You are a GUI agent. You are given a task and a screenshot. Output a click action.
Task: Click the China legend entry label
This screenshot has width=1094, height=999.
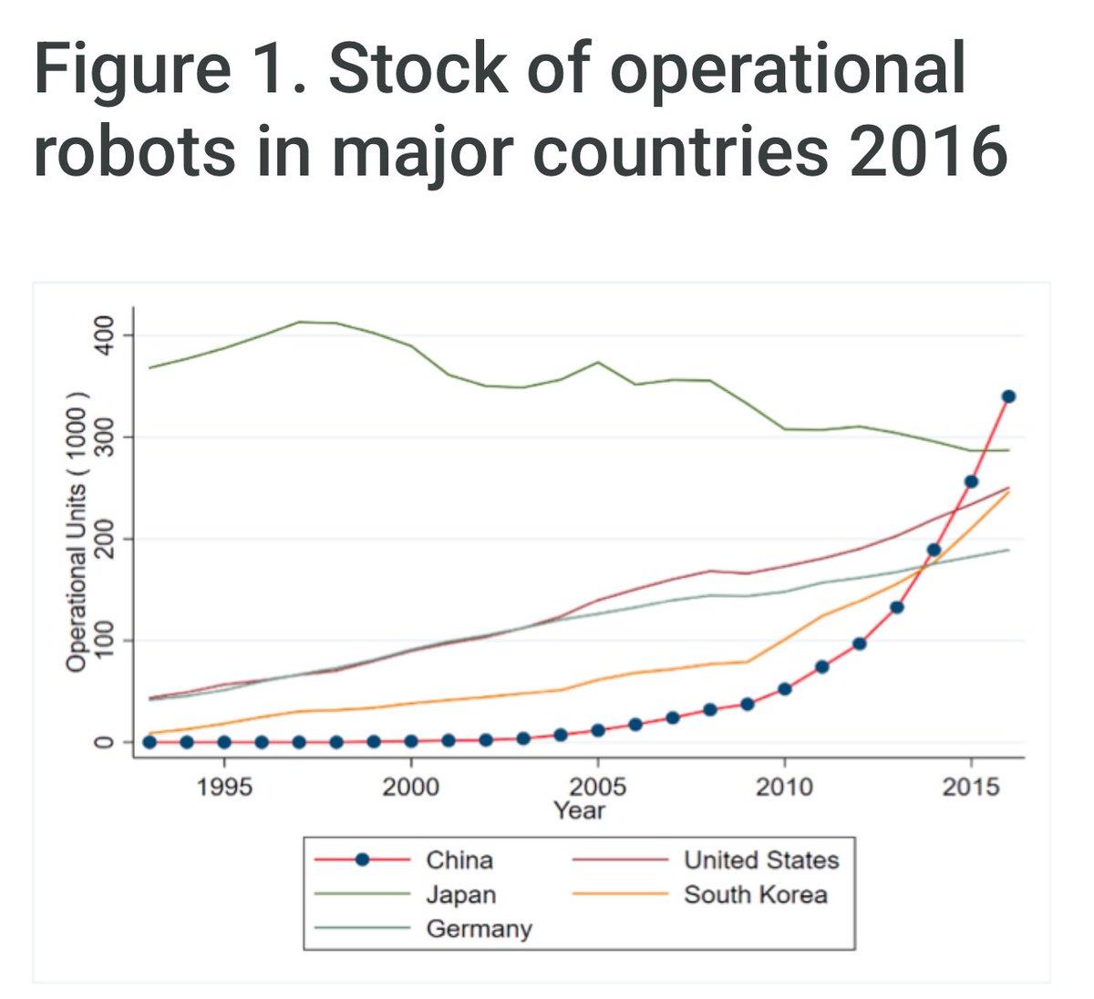[459, 860]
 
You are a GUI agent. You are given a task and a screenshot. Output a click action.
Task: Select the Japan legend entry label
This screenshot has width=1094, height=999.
[461, 894]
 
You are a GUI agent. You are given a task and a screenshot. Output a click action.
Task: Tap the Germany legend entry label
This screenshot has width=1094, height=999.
[479, 929]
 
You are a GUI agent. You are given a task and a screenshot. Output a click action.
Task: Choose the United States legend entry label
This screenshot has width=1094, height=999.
[761, 860]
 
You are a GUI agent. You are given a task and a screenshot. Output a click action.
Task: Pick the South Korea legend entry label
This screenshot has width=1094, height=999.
[756, 894]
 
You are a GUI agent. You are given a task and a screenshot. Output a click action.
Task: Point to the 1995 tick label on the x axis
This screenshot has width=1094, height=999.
[224, 786]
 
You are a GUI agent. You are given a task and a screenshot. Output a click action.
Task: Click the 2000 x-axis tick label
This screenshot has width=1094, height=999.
[411, 786]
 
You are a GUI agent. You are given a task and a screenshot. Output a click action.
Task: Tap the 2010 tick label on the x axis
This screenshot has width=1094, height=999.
[784, 786]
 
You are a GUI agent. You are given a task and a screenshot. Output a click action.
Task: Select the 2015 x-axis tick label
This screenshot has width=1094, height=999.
[971, 786]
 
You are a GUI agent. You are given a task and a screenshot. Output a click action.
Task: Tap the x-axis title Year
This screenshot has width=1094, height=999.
[579, 809]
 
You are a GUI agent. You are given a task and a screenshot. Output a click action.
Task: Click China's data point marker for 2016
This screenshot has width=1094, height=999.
[1008, 397]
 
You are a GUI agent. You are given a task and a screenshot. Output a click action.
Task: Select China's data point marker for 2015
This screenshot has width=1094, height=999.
[971, 481]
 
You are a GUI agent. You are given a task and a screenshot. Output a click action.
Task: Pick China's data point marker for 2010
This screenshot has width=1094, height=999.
[784, 689]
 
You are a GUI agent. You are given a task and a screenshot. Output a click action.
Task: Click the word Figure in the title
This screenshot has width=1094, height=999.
[131, 69]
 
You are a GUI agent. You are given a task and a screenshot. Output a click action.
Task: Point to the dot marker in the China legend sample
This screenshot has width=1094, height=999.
[362, 860]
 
